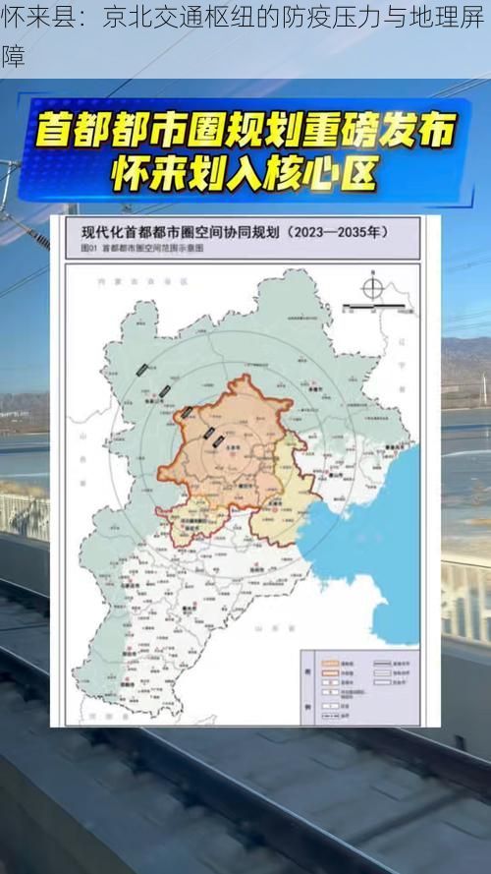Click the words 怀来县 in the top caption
28,18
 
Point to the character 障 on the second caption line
13,57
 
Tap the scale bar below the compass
373,307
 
